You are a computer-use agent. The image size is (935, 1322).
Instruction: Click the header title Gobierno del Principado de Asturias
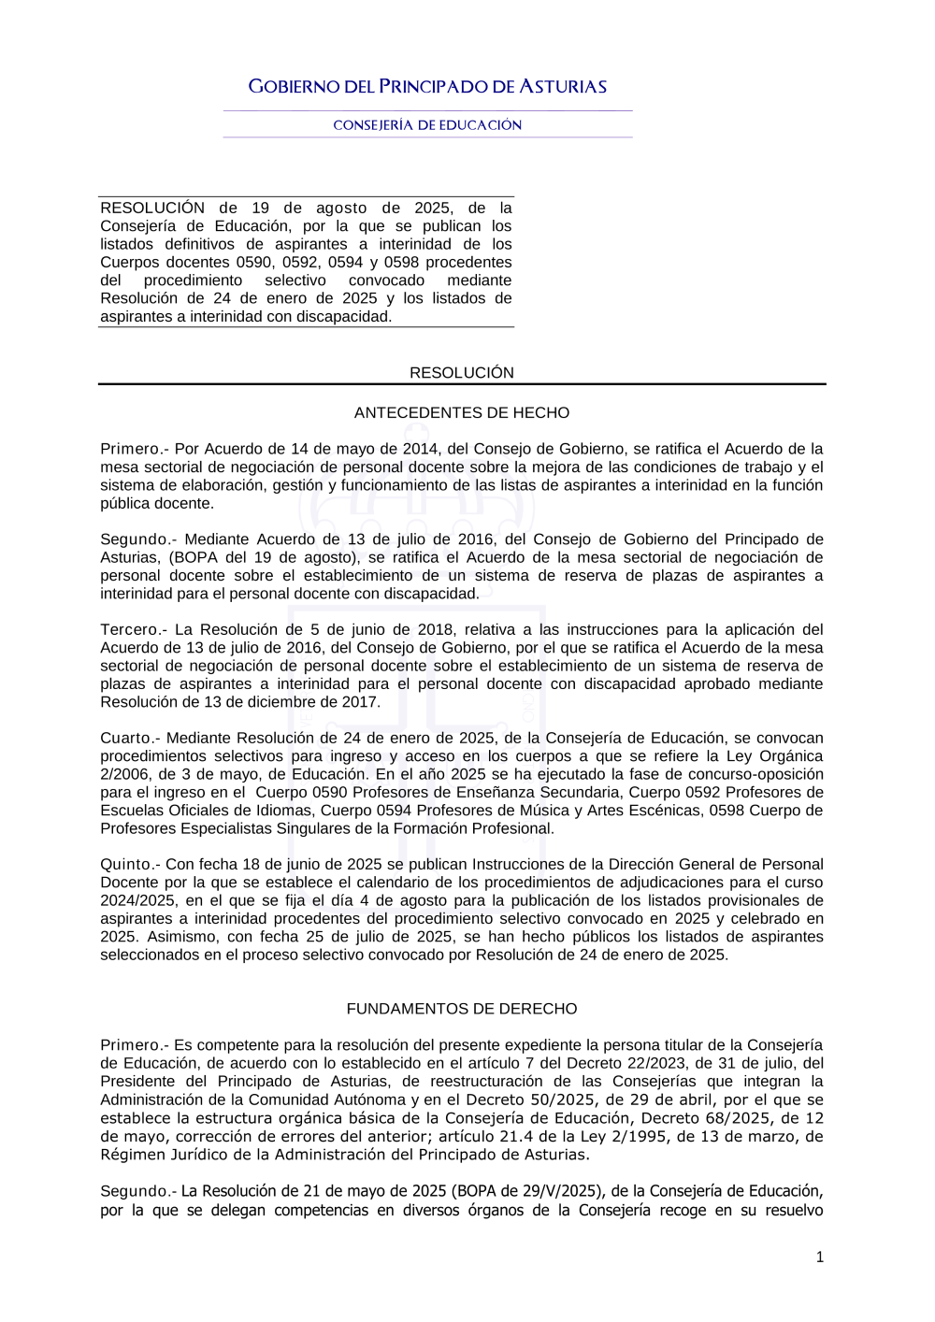coord(427,87)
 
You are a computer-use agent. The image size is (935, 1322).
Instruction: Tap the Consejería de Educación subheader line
coord(427,125)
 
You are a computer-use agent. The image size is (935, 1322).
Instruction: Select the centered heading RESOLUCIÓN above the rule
coord(462,372)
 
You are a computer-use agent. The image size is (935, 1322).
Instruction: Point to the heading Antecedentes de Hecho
coord(462,412)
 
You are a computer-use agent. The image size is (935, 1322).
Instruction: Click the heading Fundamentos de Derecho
coord(462,1009)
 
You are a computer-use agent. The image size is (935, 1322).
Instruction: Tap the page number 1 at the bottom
coord(820,1257)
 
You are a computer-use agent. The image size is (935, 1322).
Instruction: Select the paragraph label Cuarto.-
coord(130,738)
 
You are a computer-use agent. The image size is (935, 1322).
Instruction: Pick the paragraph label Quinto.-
coord(130,864)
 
